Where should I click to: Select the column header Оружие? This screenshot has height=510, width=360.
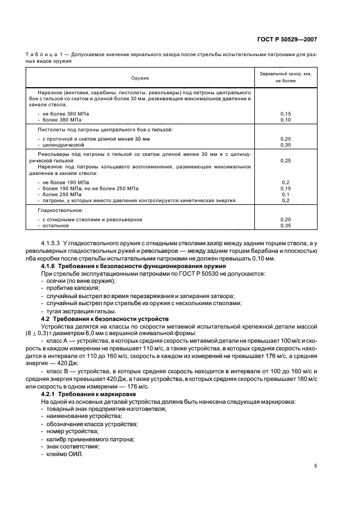pyautogui.click(x=139, y=78)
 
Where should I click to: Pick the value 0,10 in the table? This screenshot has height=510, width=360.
pyautogui.click(x=285, y=119)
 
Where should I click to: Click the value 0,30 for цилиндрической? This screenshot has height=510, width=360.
pyautogui.click(x=285, y=145)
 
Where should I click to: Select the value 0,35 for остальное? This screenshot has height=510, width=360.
pyautogui.click(x=285, y=225)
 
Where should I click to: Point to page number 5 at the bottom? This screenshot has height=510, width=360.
pyautogui.click(x=316, y=466)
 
